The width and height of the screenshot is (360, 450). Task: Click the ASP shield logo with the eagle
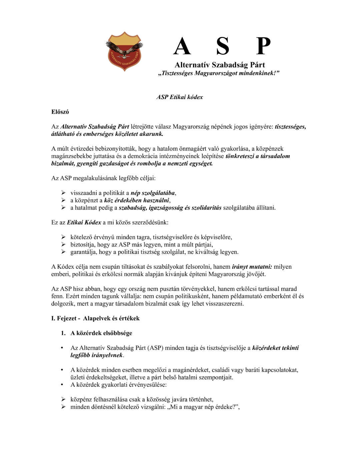click(124, 51)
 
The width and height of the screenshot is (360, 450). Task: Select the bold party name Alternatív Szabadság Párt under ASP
click(220, 65)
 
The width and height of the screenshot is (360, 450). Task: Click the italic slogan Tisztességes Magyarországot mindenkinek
click(218, 73)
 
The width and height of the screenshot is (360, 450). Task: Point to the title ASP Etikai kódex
click(180, 97)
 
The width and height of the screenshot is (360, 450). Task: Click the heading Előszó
click(60, 112)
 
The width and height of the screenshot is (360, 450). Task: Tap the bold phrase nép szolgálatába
click(153, 193)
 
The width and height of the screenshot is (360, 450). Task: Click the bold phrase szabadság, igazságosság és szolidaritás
click(170, 208)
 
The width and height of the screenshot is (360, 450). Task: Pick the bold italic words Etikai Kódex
click(84, 222)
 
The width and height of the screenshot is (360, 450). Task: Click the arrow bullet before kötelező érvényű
click(63, 237)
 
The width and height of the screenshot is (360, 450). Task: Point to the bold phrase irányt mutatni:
click(252, 267)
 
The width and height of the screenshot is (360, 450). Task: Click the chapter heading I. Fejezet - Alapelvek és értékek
click(95, 318)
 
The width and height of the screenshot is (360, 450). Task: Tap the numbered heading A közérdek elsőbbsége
click(101, 333)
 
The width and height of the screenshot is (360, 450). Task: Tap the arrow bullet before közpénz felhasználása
click(63, 399)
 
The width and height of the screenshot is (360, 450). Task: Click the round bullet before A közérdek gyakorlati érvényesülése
click(62, 385)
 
